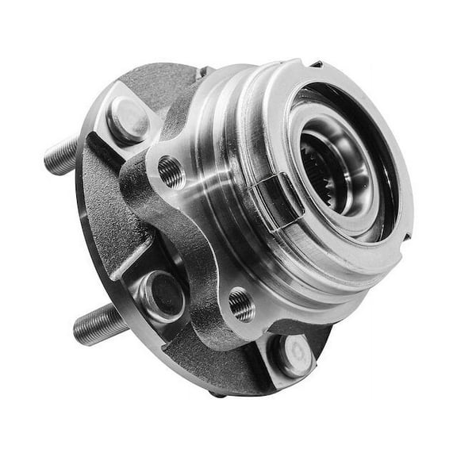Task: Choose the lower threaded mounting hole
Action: [241, 305]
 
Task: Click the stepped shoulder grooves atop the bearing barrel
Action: [238, 103]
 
